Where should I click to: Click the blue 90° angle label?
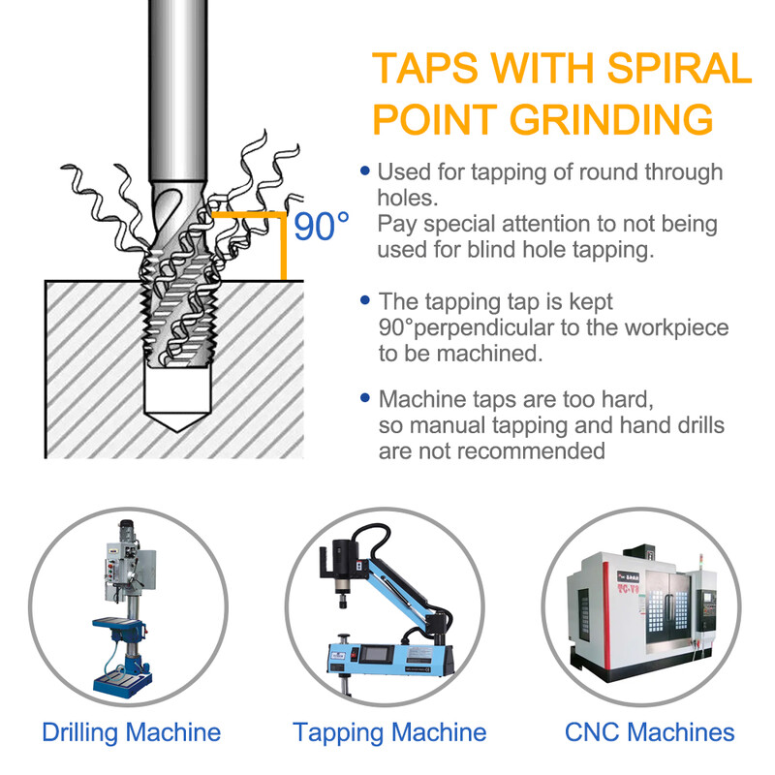pos(322,227)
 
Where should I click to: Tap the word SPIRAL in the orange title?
pos(679,68)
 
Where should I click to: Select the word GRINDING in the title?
pos(611,119)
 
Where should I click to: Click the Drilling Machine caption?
pos(131,732)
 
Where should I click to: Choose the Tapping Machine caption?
pos(389,732)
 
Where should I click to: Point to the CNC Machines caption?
pos(649,732)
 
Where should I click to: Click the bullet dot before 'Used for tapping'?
pos(365,171)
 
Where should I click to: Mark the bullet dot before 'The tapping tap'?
pos(365,300)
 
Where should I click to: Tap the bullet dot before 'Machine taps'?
pos(365,397)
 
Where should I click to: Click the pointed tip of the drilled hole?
pos(177,431)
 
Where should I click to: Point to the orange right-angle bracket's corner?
pos(283,215)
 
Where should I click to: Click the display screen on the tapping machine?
pos(376,655)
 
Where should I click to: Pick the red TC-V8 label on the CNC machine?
pos(628,589)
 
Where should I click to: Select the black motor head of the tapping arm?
pos(344,559)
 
